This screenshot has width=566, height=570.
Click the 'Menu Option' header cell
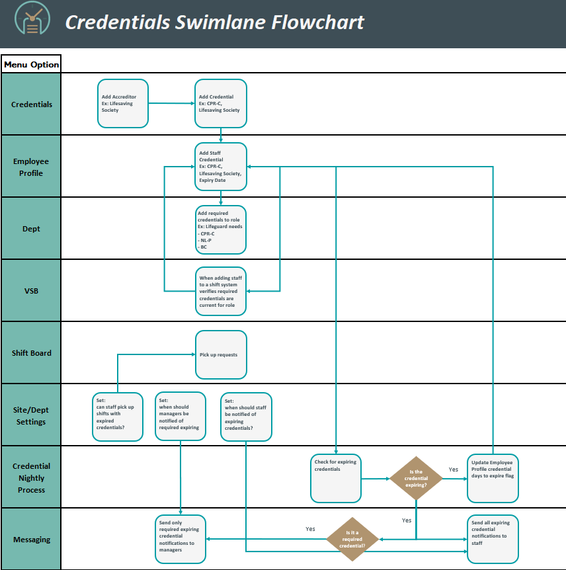[31, 64]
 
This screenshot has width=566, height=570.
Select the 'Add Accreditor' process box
[123, 103]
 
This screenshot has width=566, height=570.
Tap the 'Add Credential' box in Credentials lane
[221, 103]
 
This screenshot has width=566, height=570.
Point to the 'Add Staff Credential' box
[221, 167]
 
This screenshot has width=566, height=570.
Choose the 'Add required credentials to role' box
[221, 229]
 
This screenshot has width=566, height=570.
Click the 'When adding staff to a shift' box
[221, 292]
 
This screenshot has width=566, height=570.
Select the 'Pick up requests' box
[221, 354]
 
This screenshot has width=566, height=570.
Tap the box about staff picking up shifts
[118, 417]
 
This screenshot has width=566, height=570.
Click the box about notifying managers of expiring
[181, 417]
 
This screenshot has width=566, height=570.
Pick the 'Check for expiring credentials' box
[336, 478]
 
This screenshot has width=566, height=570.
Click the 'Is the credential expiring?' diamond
[416, 478]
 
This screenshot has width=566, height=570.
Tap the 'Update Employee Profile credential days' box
[493, 478]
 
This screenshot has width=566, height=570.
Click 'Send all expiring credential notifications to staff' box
[493, 539]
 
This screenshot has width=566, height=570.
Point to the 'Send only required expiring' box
[181, 539]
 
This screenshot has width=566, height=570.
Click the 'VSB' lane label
[31, 290]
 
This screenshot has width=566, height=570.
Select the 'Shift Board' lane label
[31, 352]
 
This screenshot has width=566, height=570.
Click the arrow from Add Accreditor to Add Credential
[171, 103]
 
